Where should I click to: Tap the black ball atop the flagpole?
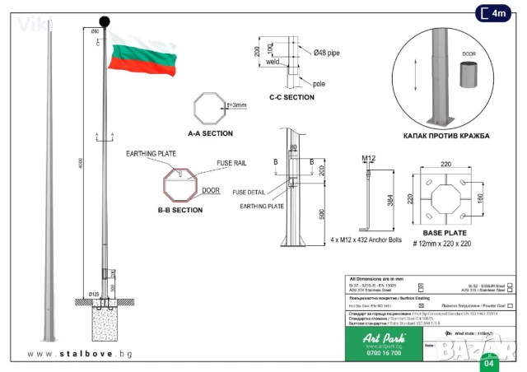[x=105, y=21]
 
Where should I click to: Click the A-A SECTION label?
[x=210, y=133]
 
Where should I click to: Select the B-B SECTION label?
[x=180, y=210]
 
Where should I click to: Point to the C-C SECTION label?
[x=291, y=97]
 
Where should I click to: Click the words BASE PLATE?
[x=445, y=235]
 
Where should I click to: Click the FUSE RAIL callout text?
[x=231, y=163]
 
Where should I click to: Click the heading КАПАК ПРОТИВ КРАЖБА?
[x=447, y=135]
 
